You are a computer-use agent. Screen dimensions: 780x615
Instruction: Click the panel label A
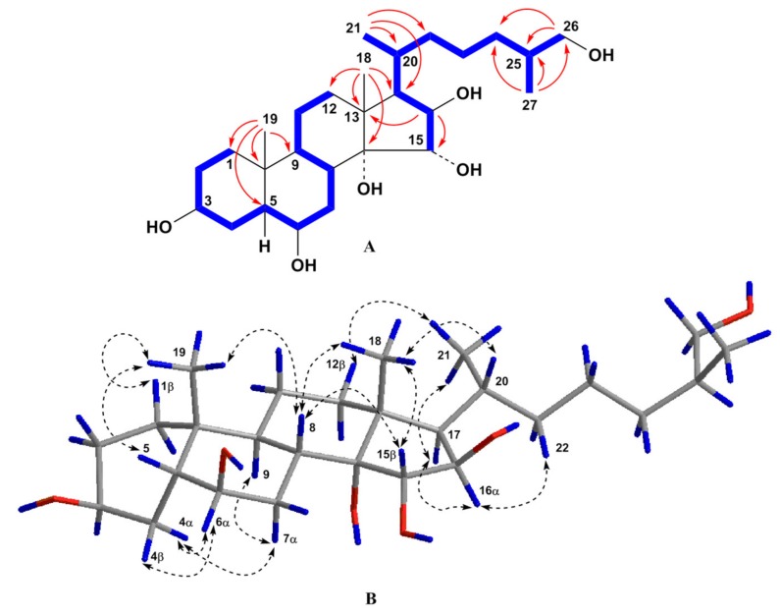[369, 247]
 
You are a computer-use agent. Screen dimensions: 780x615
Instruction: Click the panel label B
[371, 598]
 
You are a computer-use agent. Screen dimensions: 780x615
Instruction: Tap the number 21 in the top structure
[353, 28]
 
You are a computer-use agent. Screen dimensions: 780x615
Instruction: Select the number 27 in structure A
[529, 105]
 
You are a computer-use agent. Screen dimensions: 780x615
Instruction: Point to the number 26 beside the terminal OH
[571, 26]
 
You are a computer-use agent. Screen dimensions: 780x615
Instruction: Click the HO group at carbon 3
[159, 227]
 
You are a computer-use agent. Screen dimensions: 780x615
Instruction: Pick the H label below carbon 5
[265, 246]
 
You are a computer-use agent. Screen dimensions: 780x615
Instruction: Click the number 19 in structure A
[270, 120]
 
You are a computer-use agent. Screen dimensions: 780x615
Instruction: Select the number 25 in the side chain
[514, 64]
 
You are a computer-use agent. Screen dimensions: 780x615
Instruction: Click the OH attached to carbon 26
[600, 55]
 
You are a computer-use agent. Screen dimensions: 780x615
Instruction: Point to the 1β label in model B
[167, 387]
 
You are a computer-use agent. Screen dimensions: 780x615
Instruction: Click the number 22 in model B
[562, 449]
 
